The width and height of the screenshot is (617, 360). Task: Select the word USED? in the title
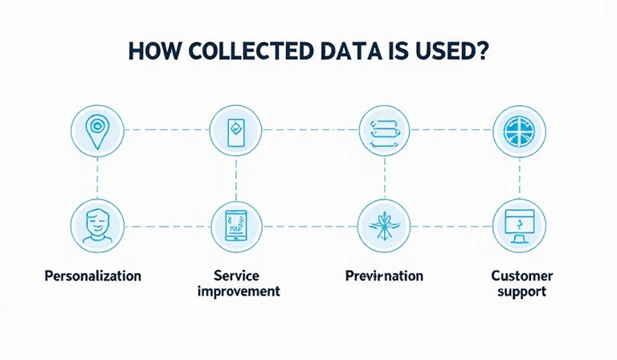[x=451, y=51]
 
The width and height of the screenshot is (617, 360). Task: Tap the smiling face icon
[x=97, y=226]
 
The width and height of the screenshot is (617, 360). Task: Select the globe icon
[x=519, y=131]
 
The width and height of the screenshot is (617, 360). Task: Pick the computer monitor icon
[x=519, y=226]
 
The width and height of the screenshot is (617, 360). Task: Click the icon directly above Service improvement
[x=236, y=226]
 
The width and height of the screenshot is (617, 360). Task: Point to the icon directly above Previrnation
[x=384, y=226]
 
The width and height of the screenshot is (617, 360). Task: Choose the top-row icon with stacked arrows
[x=384, y=131]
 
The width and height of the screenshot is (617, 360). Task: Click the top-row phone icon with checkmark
[x=236, y=131]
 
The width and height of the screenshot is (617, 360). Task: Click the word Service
[x=237, y=276]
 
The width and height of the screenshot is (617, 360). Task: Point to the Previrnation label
[x=383, y=276]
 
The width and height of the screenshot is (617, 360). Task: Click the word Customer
[x=521, y=276]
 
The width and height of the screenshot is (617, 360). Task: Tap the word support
[x=521, y=291]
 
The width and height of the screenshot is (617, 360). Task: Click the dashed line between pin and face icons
[x=97, y=178]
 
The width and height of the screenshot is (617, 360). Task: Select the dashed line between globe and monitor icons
[x=519, y=178]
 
